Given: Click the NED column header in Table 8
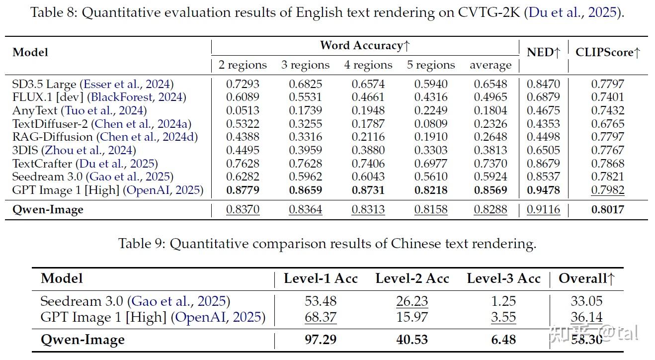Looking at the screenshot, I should point(543,52).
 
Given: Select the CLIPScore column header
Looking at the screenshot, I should point(608,52).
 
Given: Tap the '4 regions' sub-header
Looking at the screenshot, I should point(368,65).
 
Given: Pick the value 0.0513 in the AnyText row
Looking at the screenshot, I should point(243,110).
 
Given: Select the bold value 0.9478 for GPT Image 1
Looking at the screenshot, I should point(543,190).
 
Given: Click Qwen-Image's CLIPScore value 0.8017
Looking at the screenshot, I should point(608,209).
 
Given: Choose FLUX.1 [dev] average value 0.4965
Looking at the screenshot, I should point(491,97).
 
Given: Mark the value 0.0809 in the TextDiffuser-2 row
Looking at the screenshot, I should point(431,124).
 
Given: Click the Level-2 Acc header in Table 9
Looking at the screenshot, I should point(412,279).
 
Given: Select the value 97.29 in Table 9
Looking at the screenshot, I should point(320,340).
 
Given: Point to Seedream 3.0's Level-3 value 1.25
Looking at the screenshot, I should point(503,301).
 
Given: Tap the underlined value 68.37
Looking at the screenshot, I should point(320,317).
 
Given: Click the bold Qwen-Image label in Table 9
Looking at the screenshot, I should point(82,340).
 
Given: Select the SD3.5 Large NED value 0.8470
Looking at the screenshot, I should point(543,84).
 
